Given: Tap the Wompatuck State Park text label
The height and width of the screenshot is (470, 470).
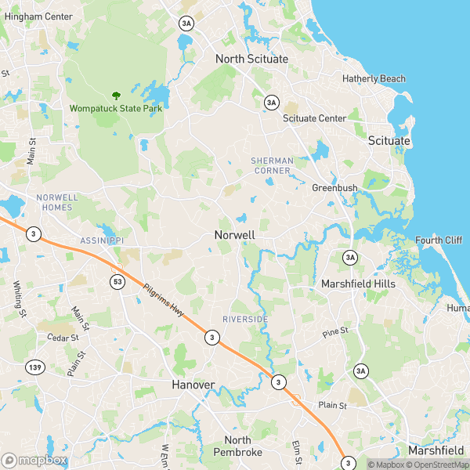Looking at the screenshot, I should click(x=116, y=108).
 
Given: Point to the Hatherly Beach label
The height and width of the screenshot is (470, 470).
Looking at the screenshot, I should click(x=374, y=79).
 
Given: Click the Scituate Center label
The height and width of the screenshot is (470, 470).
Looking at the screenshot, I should click(x=314, y=118).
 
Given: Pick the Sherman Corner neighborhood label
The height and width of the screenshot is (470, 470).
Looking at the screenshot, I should click(x=272, y=165).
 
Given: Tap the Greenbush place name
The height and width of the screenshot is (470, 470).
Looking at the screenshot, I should click(x=334, y=188).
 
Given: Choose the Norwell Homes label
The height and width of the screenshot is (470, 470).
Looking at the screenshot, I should click(x=54, y=202).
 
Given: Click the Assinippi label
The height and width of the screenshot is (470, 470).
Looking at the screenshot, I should click(x=102, y=240).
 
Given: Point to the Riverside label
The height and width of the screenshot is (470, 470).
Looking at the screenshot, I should click(x=245, y=320).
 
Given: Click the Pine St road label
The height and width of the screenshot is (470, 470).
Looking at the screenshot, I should click(x=335, y=333).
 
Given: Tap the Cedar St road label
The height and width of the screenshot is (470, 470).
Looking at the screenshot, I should click(x=63, y=338).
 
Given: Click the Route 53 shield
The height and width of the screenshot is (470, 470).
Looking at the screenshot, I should click(x=117, y=281).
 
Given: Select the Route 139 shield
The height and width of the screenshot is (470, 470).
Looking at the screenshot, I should click(x=34, y=367).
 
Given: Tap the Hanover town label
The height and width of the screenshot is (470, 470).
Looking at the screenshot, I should click(x=193, y=385).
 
